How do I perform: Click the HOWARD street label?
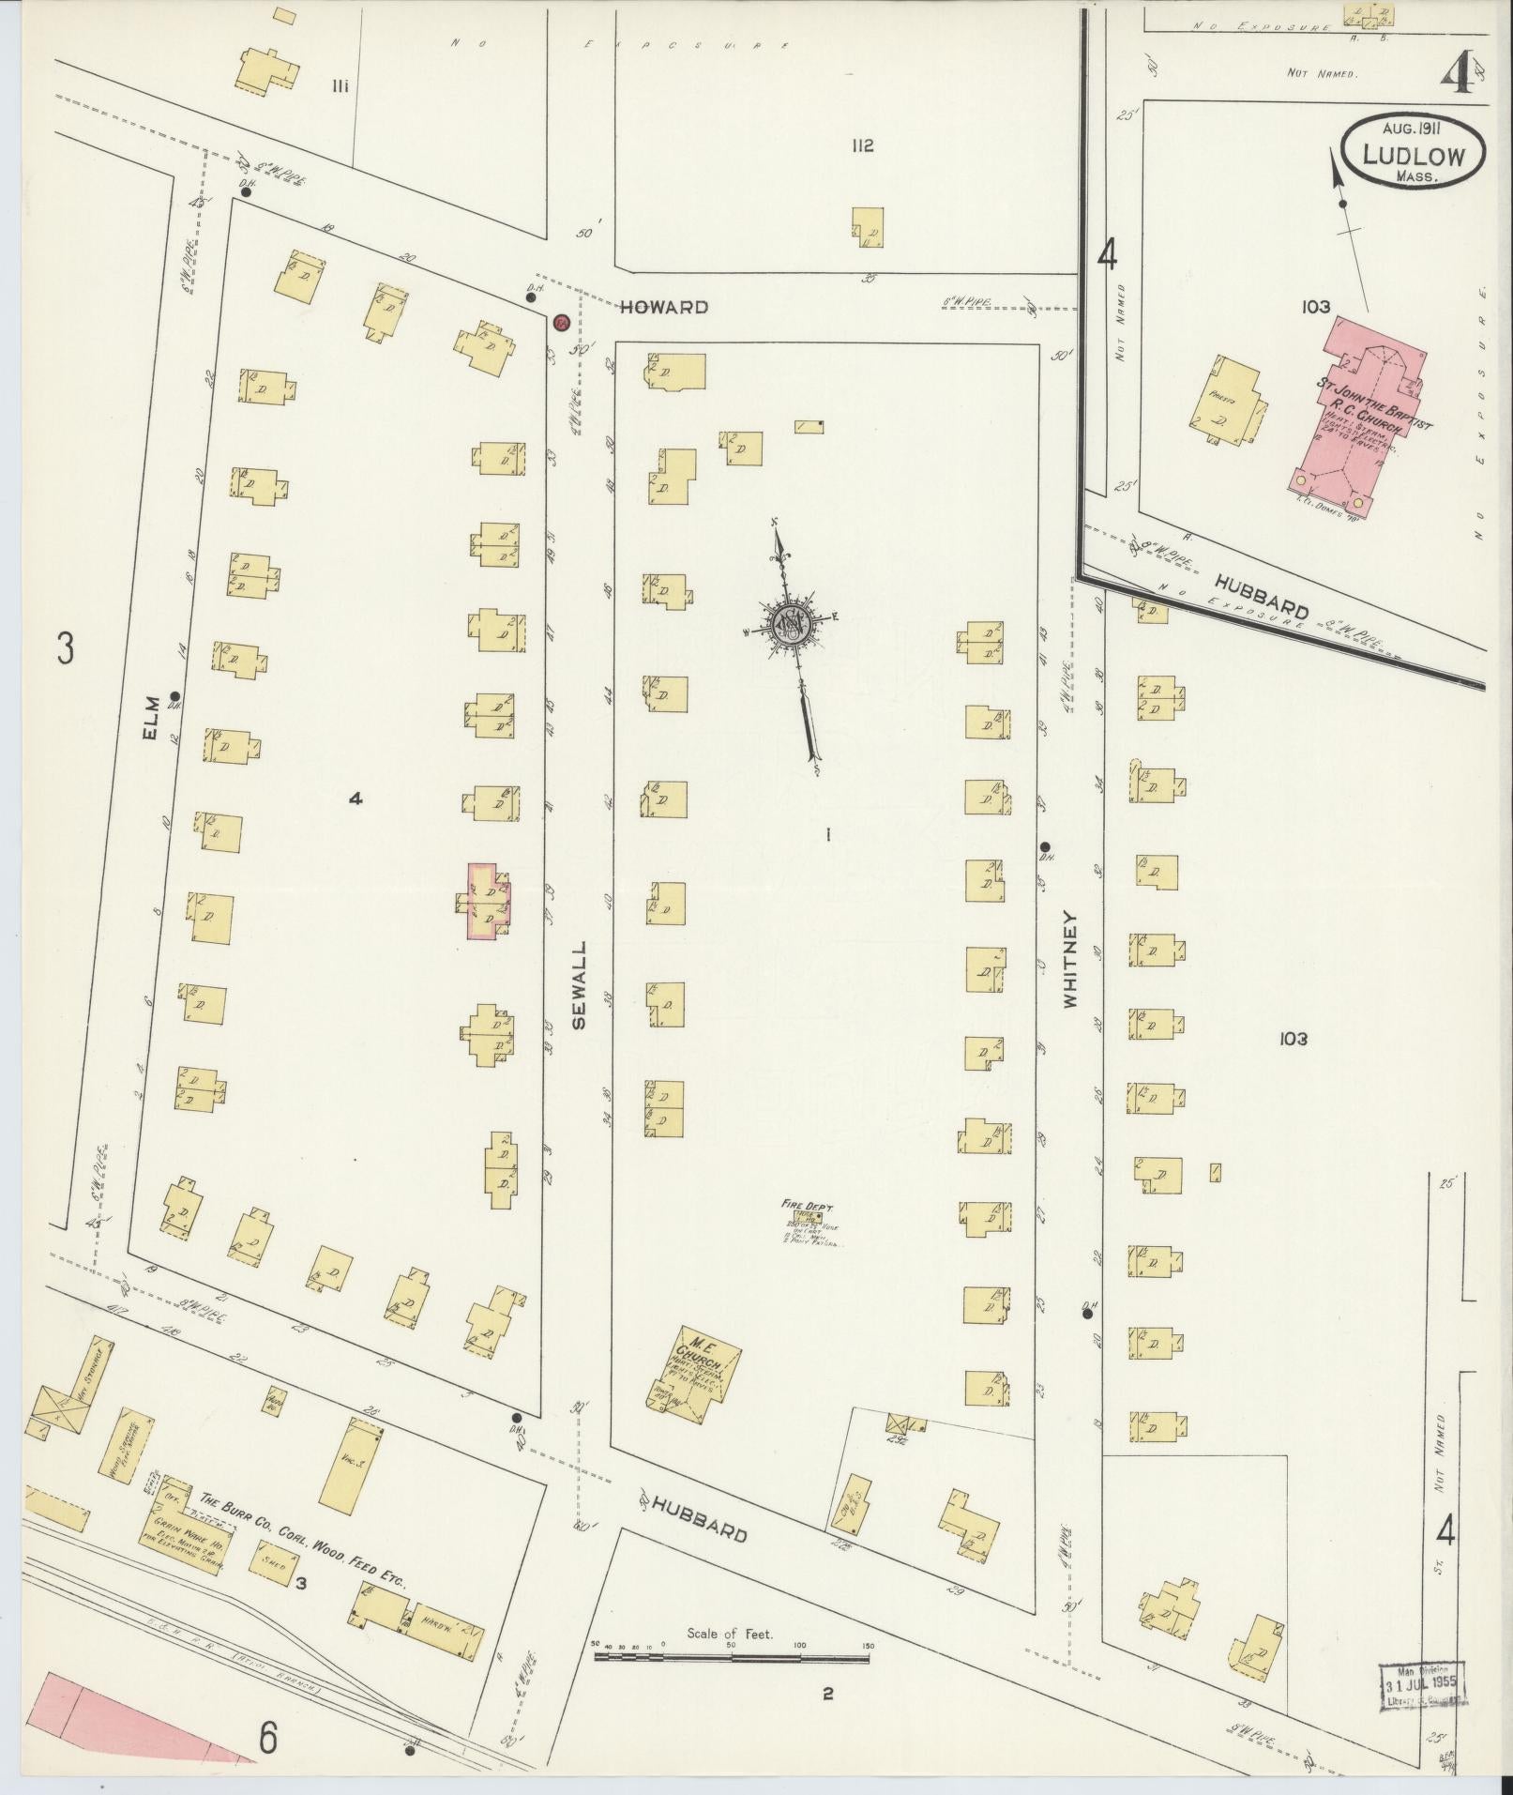pos(663,307)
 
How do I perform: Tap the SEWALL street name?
pos(578,985)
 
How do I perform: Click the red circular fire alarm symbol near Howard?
pos(561,322)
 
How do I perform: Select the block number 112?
pos(863,145)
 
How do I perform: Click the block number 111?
pos(340,86)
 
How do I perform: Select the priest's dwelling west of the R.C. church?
pos(1221,403)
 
